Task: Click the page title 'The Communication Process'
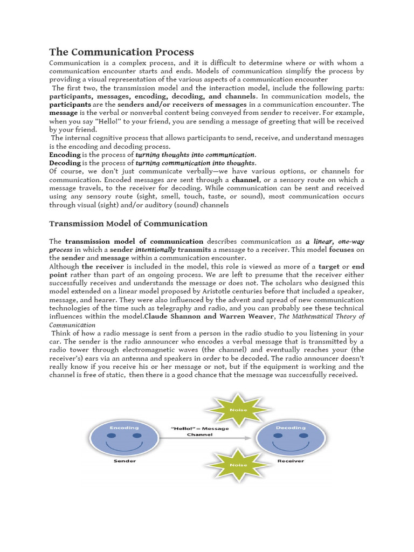click(x=121, y=52)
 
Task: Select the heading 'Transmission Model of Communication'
click(x=128, y=223)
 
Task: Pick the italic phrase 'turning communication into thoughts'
click(x=195, y=163)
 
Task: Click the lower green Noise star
click(x=238, y=465)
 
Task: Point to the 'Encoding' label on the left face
click(x=120, y=427)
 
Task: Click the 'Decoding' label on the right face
click(x=291, y=427)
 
